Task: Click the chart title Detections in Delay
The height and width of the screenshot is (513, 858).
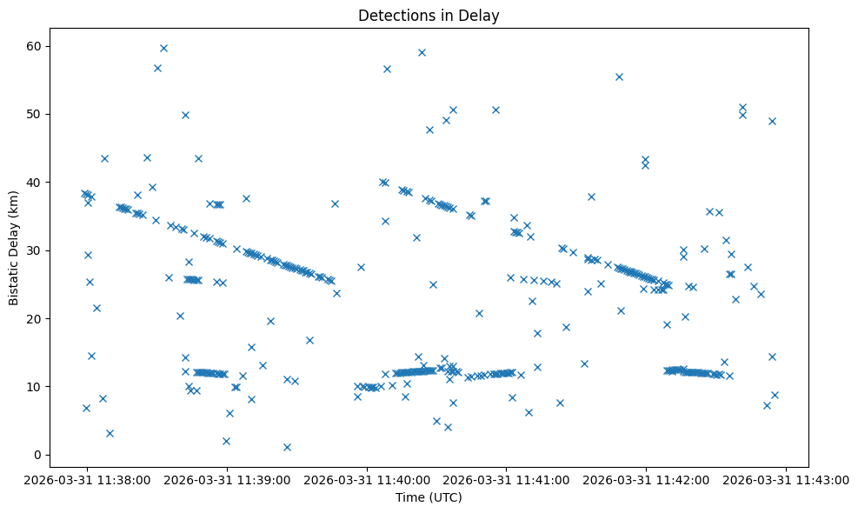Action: (429, 16)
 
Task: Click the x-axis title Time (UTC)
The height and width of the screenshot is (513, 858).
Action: (429, 498)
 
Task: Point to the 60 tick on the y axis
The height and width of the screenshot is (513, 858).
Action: (37, 46)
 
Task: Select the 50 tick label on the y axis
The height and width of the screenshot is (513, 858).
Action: (37, 114)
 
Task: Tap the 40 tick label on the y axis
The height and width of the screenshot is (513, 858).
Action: (37, 182)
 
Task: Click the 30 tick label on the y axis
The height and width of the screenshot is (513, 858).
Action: (37, 250)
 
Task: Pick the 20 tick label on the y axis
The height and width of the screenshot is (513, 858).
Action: (37, 318)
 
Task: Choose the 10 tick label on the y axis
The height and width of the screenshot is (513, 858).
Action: (37, 386)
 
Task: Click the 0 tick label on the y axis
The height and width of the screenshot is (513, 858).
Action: (39, 455)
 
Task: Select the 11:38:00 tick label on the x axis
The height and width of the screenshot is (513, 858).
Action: (86, 479)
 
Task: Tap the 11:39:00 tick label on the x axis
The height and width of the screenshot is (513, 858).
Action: (227, 479)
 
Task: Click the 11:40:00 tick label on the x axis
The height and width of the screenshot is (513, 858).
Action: (367, 479)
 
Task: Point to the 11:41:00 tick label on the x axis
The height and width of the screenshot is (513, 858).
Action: (507, 479)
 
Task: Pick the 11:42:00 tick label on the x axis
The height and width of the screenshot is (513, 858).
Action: (647, 479)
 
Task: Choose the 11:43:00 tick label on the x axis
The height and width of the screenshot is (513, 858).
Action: (787, 479)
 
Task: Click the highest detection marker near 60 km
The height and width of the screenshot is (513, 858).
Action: (163, 48)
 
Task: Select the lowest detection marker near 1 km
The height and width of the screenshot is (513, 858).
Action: (287, 447)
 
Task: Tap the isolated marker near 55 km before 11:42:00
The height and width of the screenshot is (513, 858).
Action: (619, 77)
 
